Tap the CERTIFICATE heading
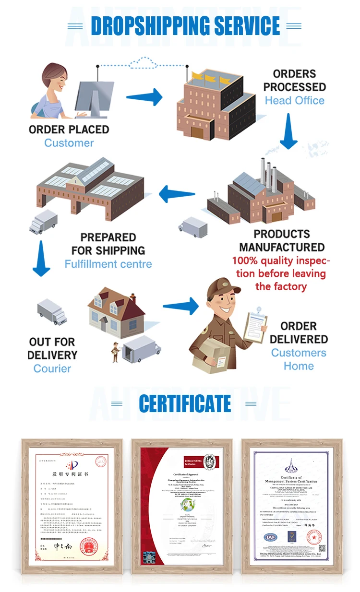[x=185, y=404]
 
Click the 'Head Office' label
[x=294, y=101]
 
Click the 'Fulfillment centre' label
[x=108, y=264]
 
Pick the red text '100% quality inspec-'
[x=281, y=261]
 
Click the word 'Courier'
[x=52, y=368]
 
